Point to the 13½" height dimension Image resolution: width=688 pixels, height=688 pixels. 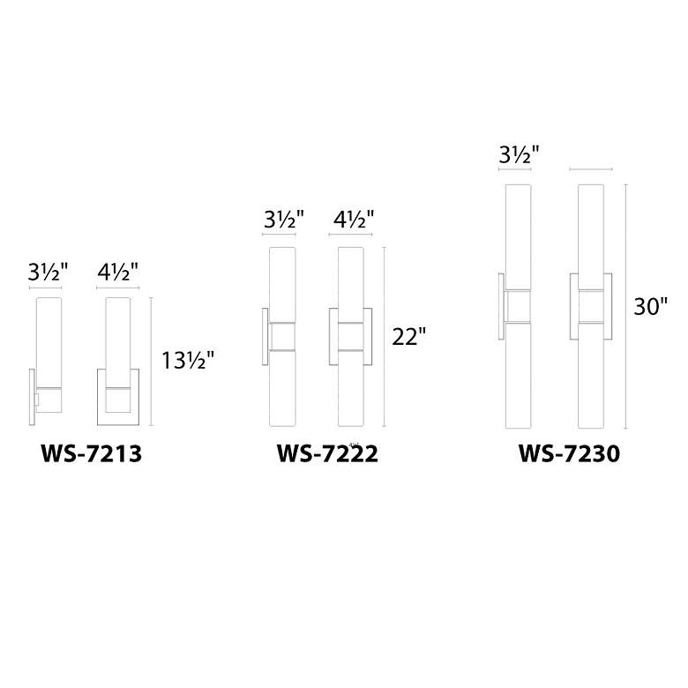click(187, 361)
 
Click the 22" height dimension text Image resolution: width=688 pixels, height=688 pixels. click(409, 337)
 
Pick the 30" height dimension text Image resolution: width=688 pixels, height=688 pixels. click(651, 306)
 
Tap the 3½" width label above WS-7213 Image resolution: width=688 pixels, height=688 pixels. click(46, 272)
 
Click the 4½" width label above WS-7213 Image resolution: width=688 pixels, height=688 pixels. click(118, 272)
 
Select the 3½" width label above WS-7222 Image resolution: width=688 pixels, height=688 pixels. click(282, 220)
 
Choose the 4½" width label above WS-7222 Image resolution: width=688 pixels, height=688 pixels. click(355, 220)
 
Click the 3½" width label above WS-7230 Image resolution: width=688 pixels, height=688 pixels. click(518, 155)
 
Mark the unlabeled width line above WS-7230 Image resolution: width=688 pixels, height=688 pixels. click(592, 168)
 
